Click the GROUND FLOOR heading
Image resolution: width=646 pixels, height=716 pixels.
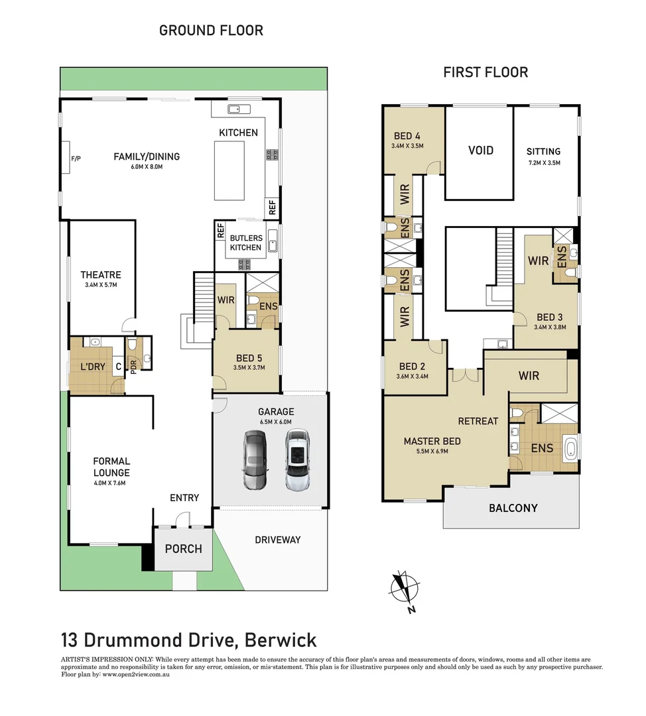[x=211, y=30]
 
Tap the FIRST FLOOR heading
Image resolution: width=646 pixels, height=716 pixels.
[x=485, y=72]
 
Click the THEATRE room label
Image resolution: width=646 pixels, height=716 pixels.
[x=101, y=275]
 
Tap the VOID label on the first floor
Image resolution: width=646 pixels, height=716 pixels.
[x=480, y=150]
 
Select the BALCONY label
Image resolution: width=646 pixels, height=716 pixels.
[x=513, y=508]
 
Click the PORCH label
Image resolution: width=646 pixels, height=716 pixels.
[x=183, y=549]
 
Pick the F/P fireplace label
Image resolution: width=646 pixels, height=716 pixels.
[x=75, y=159]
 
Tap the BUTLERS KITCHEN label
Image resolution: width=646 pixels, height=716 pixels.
[x=245, y=243]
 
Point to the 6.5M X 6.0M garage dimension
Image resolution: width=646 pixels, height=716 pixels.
[x=277, y=422]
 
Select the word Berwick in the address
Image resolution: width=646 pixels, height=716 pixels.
[x=281, y=640]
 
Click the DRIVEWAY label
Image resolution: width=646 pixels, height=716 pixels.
[x=277, y=540]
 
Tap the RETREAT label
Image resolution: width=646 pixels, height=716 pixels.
[x=478, y=421]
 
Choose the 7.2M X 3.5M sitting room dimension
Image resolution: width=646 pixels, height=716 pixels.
[x=544, y=162]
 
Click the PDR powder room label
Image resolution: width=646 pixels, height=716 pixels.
[x=133, y=367]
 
